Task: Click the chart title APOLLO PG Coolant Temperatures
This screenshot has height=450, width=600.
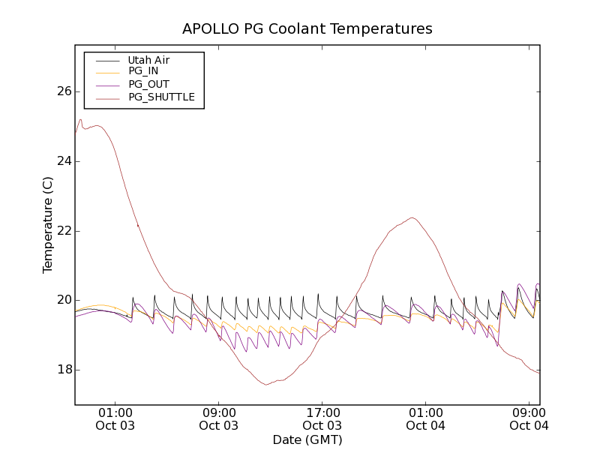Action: (307, 29)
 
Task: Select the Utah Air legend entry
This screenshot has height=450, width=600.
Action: (148, 60)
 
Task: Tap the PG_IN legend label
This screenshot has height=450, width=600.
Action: (143, 71)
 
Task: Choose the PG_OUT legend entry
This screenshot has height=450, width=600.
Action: (148, 84)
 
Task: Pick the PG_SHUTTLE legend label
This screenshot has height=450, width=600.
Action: (161, 97)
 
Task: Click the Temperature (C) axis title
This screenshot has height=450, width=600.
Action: (48, 225)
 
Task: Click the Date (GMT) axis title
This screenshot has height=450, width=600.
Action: (307, 439)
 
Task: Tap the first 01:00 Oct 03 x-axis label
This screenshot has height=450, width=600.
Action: (115, 418)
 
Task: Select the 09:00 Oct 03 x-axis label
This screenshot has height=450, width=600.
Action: (219, 418)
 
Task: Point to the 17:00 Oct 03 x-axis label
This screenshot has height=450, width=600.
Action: (322, 418)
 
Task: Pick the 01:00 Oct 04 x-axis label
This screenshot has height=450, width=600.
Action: (425, 418)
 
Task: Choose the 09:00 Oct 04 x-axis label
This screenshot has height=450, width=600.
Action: (529, 418)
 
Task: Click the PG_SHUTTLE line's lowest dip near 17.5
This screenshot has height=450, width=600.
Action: (266, 385)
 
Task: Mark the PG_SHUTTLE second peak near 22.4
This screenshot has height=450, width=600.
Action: (412, 217)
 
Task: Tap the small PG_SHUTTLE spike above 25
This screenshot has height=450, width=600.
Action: (80, 119)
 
